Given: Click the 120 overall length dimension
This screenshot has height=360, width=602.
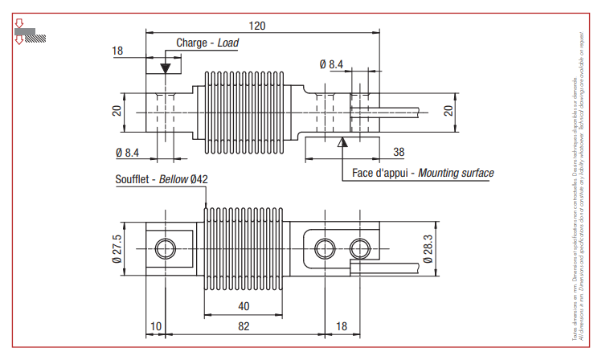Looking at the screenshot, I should pyautogui.click(x=257, y=26).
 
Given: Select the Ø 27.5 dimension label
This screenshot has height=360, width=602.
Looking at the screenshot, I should pyautogui.click(x=117, y=249).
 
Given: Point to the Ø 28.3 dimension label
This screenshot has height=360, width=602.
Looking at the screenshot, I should pyautogui.click(x=427, y=248).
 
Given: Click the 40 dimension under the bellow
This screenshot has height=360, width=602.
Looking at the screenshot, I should pyautogui.click(x=244, y=305).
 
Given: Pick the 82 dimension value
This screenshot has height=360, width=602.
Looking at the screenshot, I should pyautogui.click(x=244, y=325).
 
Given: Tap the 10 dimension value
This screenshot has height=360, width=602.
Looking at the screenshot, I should pyautogui.click(x=155, y=325).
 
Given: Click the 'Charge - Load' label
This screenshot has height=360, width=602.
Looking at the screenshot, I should pyautogui.click(x=207, y=43).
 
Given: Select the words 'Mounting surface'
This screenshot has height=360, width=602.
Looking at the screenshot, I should pyautogui.click(x=457, y=173).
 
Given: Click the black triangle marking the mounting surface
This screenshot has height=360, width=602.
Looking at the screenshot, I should pyautogui.click(x=342, y=143).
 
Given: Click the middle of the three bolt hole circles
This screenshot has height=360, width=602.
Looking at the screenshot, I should pyautogui.click(x=324, y=247).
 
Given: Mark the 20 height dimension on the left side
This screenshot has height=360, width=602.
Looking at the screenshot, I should pyautogui.click(x=117, y=110).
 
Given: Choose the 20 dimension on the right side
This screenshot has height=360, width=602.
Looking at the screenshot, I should pyautogui.click(x=449, y=110).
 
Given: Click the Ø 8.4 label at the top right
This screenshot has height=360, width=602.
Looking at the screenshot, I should pyautogui.click(x=331, y=64).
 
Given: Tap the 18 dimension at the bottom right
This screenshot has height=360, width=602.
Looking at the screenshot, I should pyautogui.click(x=340, y=325).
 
